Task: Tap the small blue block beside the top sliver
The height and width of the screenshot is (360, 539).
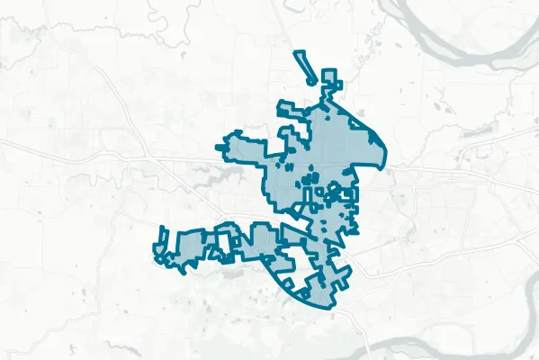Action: tap(331, 77)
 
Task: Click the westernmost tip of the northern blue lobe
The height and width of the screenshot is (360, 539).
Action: tap(218, 147)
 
